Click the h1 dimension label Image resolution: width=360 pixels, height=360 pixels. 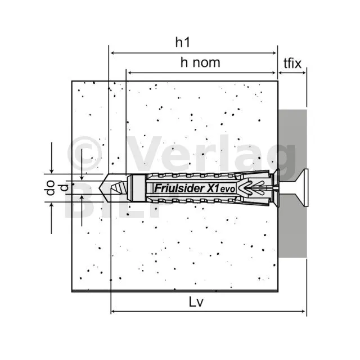coord(183,42)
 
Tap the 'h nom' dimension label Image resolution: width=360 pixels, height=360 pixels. coord(200,62)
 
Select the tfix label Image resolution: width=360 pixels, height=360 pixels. coord(292,63)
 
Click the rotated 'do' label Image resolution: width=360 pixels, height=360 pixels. coord(50,188)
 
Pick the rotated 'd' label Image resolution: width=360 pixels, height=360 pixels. coord(65,187)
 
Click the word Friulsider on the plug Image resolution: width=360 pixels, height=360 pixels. coord(179,188)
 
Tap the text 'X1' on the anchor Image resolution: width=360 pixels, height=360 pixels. coord(213,188)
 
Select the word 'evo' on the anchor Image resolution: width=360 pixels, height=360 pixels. coord(228,190)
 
